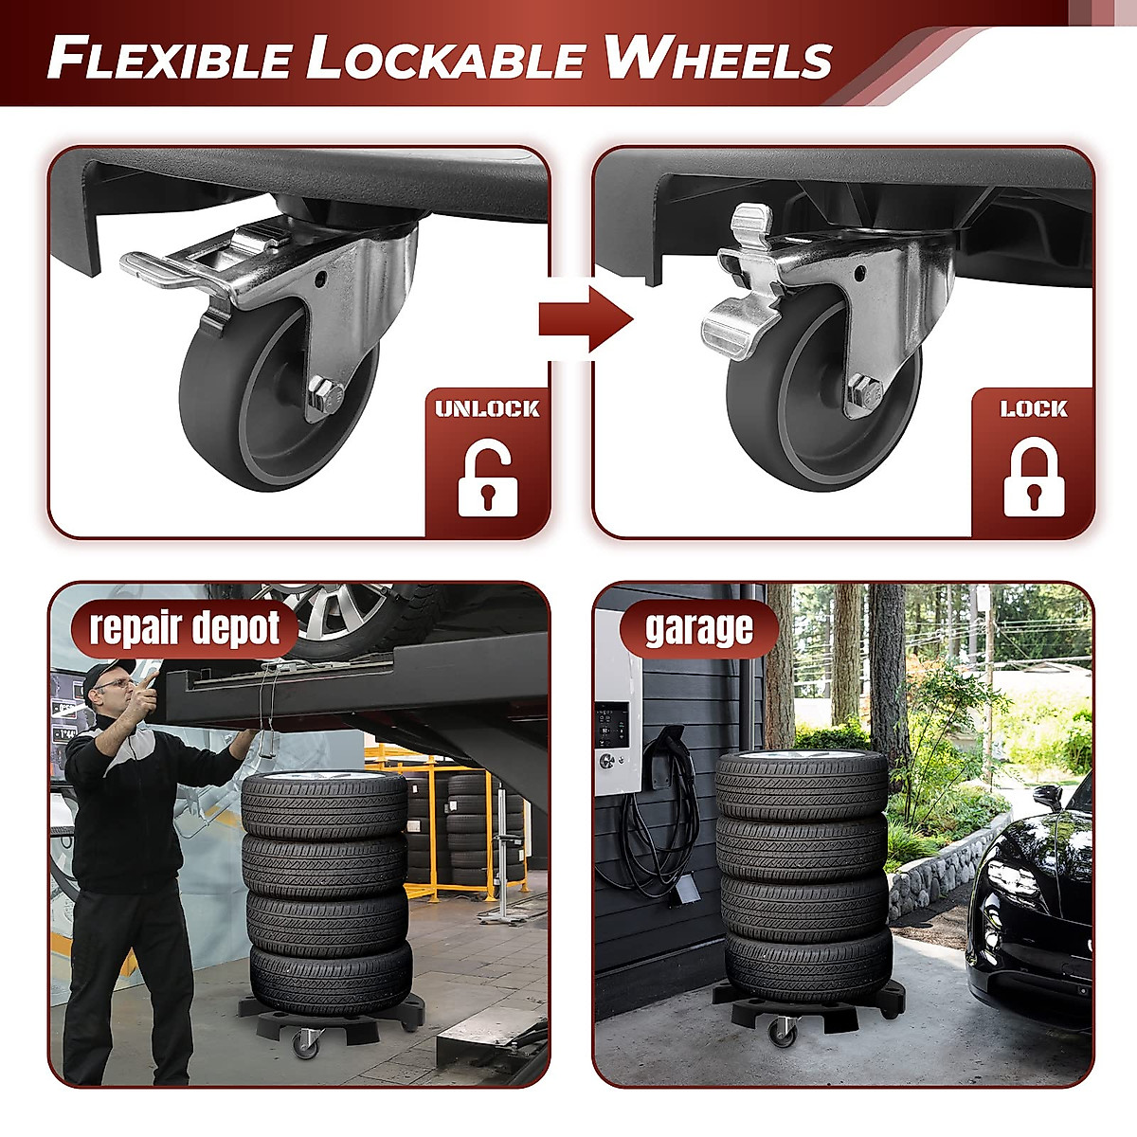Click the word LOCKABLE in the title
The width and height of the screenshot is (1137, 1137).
click(x=445, y=59)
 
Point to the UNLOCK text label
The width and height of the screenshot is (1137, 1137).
click(x=487, y=409)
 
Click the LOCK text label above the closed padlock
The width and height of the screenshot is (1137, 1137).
click(x=1033, y=409)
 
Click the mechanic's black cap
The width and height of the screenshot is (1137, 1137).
click(x=107, y=676)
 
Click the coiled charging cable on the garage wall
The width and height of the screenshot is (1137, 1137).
click(x=664, y=815)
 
